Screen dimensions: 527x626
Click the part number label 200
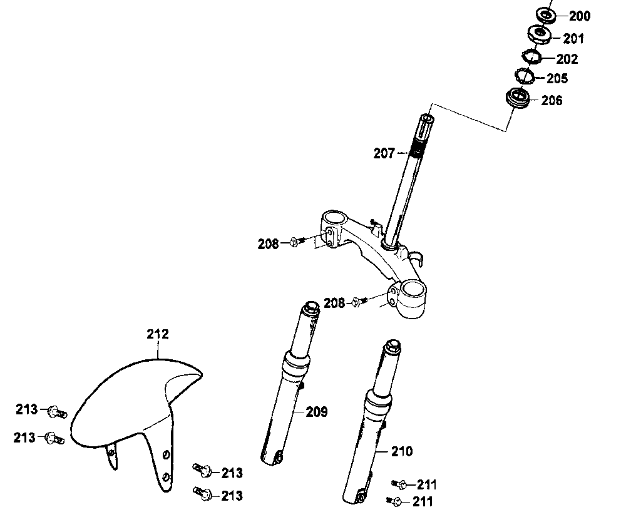[x=579, y=17]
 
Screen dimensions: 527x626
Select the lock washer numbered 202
[x=532, y=57]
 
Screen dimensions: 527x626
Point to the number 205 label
[x=557, y=79]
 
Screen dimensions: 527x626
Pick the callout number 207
[x=384, y=152]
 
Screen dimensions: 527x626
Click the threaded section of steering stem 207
[x=416, y=151]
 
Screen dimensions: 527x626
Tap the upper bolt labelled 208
[x=296, y=242]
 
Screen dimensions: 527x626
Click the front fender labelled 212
[x=125, y=401]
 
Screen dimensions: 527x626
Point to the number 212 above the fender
[x=158, y=334]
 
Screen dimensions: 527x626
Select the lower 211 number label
[x=422, y=501]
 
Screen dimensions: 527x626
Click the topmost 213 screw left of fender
[x=56, y=411]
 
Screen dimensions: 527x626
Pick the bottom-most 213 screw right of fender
[x=202, y=494]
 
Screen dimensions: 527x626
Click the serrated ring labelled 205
[x=524, y=76]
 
